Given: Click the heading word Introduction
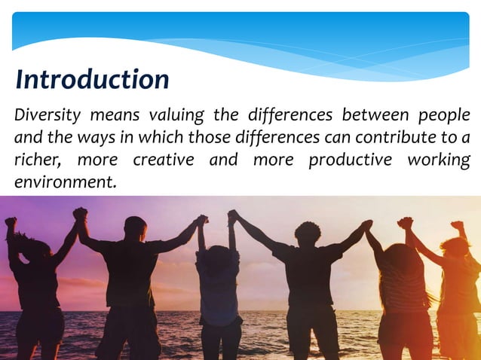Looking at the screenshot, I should pyautogui.click(x=92, y=79).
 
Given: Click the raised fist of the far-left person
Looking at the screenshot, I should pyautogui.click(x=10, y=223).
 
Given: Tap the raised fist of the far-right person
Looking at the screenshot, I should pyautogui.click(x=457, y=225).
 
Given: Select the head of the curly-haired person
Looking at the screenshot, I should pyautogui.click(x=307, y=232).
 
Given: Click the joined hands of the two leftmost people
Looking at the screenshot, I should pyautogui.click(x=80, y=214).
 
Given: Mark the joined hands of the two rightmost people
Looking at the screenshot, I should pyautogui.click(x=406, y=223).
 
